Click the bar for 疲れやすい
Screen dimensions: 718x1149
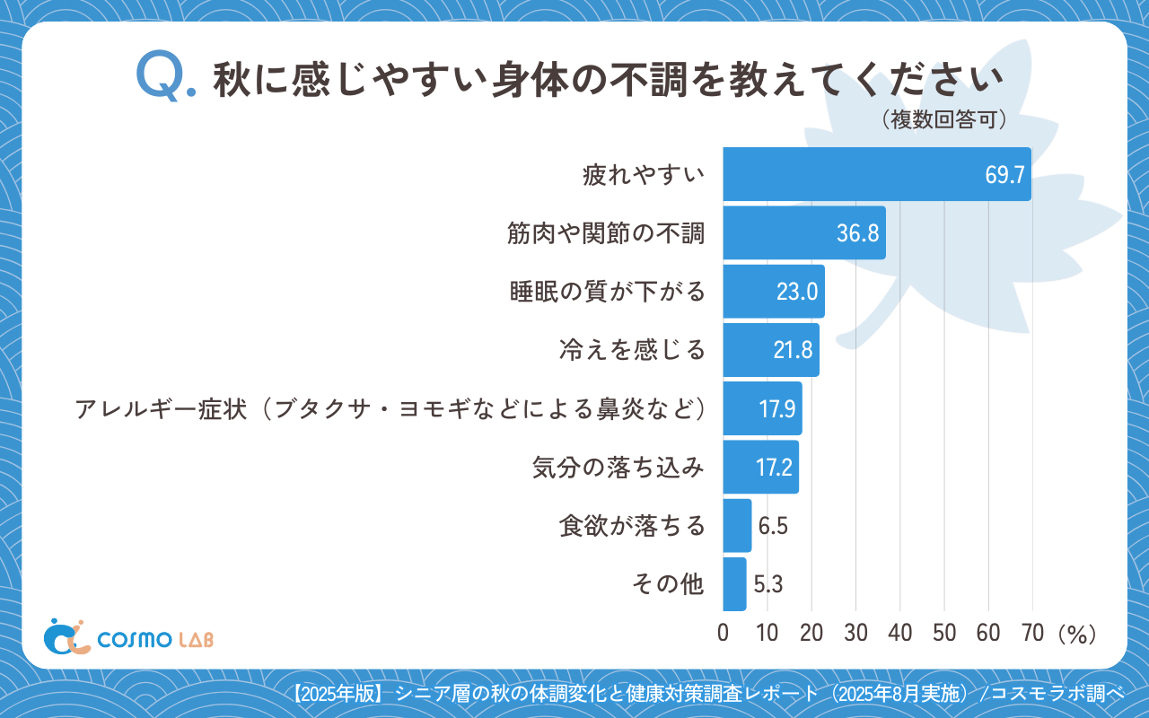pos(876,174)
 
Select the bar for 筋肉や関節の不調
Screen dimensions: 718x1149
pos(803,232)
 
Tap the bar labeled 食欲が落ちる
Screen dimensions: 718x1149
pos(737,525)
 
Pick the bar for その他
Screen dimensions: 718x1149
pos(734,583)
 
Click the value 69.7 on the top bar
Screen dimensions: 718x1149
pos(1004,175)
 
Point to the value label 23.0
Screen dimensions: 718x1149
pos(797,292)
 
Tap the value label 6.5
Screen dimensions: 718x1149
pos(773,526)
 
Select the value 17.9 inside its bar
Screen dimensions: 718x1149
pos(777,409)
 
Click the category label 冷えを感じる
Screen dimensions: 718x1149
pos(632,350)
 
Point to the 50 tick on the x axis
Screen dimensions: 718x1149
pos(944,633)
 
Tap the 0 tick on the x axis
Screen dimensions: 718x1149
pos(724,633)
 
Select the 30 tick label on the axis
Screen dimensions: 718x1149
pos(855,633)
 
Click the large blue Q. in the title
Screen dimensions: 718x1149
pos(164,77)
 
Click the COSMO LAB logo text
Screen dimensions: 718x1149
pos(155,639)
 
